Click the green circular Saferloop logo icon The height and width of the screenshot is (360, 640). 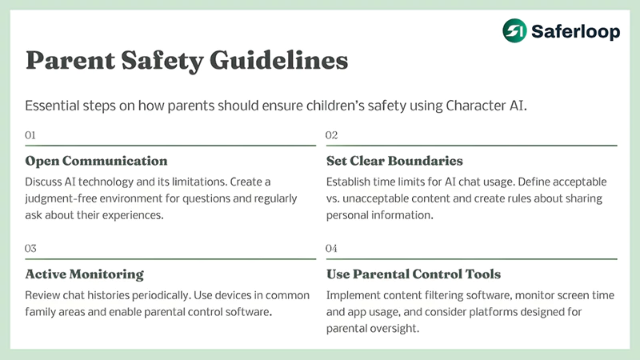coord(514,30)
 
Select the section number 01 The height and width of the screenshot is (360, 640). coord(31,135)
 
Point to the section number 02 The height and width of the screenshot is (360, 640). coord(332,135)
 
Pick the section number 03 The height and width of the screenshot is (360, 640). coord(31,249)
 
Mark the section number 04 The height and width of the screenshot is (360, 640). coord(332,249)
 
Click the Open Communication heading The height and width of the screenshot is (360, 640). coord(97,161)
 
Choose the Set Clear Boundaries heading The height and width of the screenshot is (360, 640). coord(394,161)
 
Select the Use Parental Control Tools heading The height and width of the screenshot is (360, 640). coord(413,274)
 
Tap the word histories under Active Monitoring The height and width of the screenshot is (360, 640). coord(118,295)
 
